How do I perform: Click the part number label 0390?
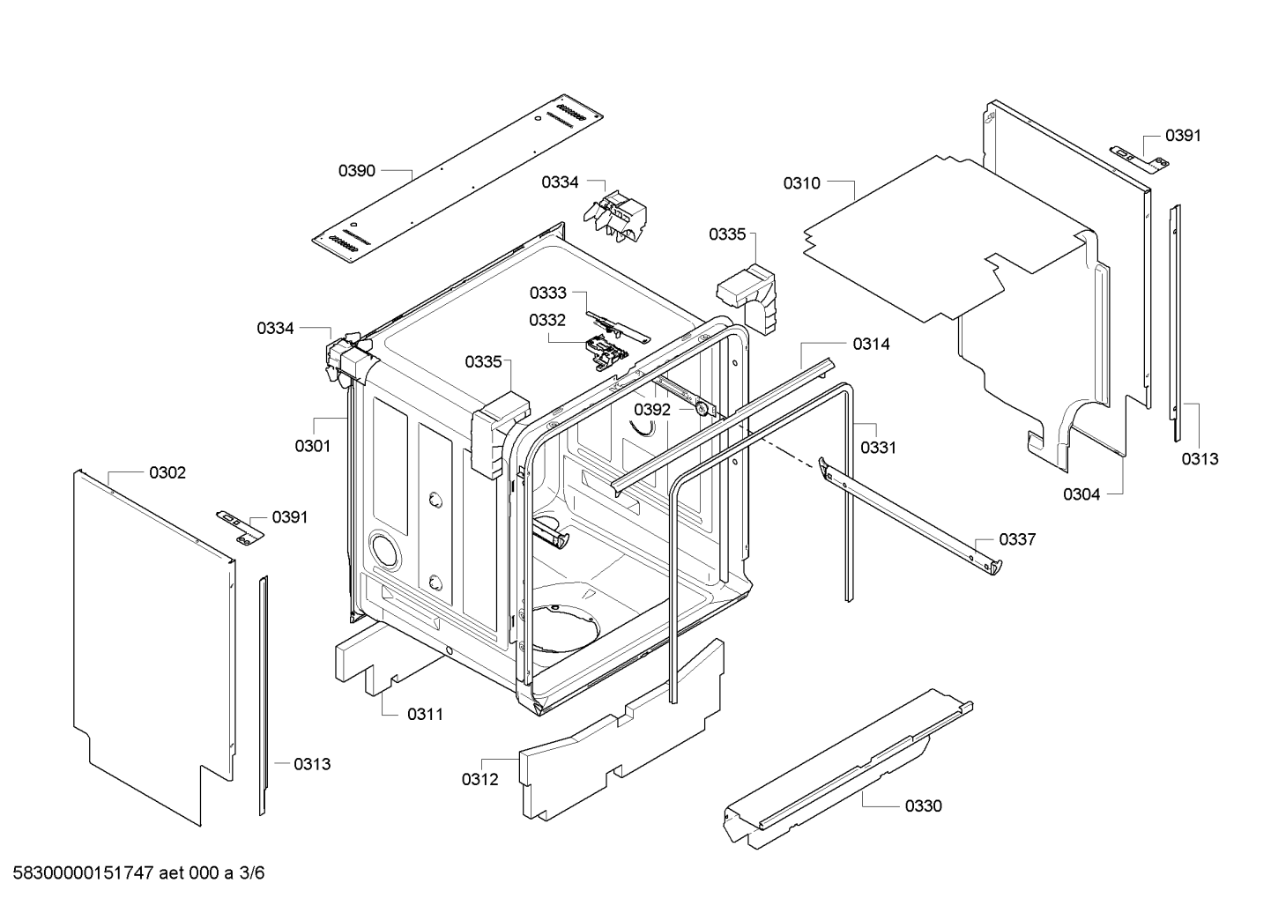click(357, 171)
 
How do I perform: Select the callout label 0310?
click(802, 183)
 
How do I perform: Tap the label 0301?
click(313, 446)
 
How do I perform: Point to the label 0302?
click(167, 472)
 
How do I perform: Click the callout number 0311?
click(425, 714)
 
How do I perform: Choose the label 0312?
click(480, 779)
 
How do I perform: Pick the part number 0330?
click(923, 805)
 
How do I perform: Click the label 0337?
click(1017, 539)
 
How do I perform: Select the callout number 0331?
click(879, 448)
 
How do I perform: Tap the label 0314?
click(872, 344)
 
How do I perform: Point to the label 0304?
click(1081, 494)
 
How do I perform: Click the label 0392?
click(652, 410)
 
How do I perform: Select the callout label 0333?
click(548, 293)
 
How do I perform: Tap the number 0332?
click(547, 320)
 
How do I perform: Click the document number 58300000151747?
click(84, 872)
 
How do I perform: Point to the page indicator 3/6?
click(251, 872)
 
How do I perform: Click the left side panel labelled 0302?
click(155, 648)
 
